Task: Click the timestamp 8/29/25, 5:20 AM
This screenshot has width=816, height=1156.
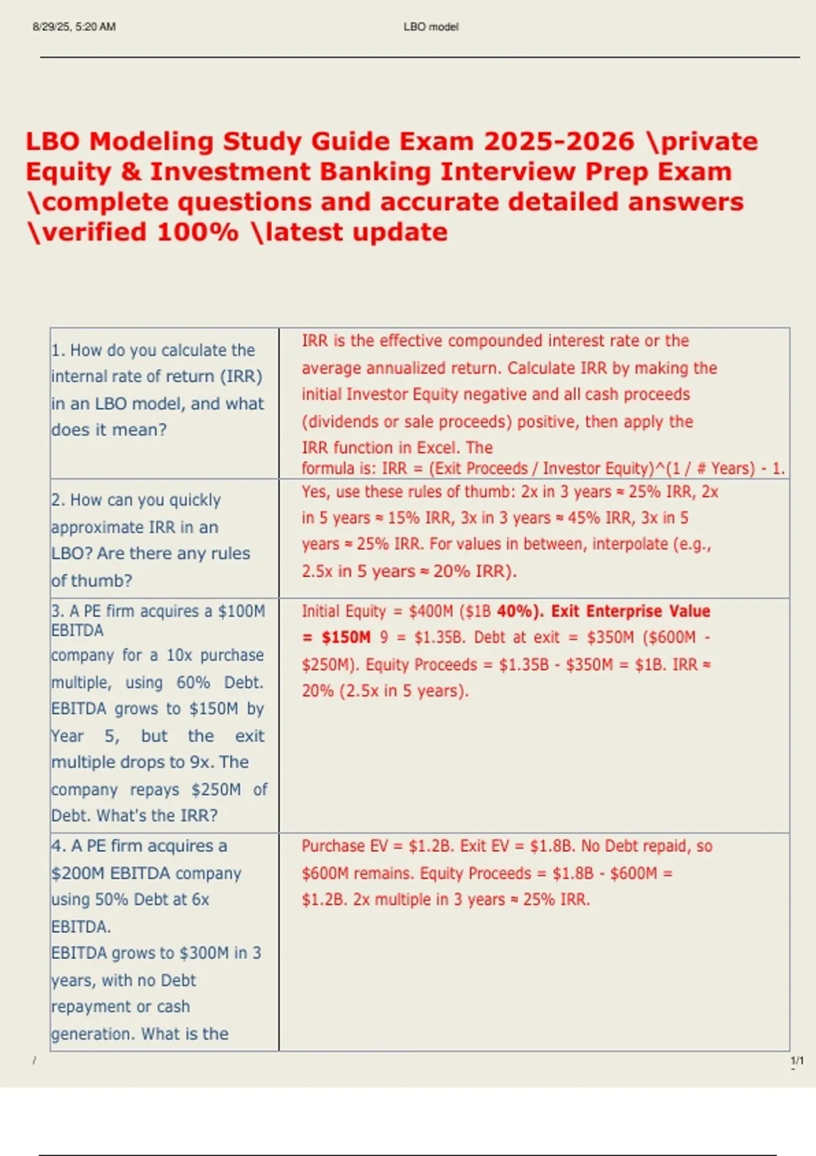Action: [74, 27]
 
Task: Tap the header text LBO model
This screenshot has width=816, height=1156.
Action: [431, 27]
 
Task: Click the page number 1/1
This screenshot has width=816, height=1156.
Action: [797, 1060]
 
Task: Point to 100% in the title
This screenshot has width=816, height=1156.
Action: [198, 232]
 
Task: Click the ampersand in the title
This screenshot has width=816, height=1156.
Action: [131, 171]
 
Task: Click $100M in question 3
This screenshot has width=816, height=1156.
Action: [241, 611]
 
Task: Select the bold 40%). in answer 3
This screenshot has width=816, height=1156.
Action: [520, 611]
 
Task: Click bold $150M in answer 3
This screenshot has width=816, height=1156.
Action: [346, 637]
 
